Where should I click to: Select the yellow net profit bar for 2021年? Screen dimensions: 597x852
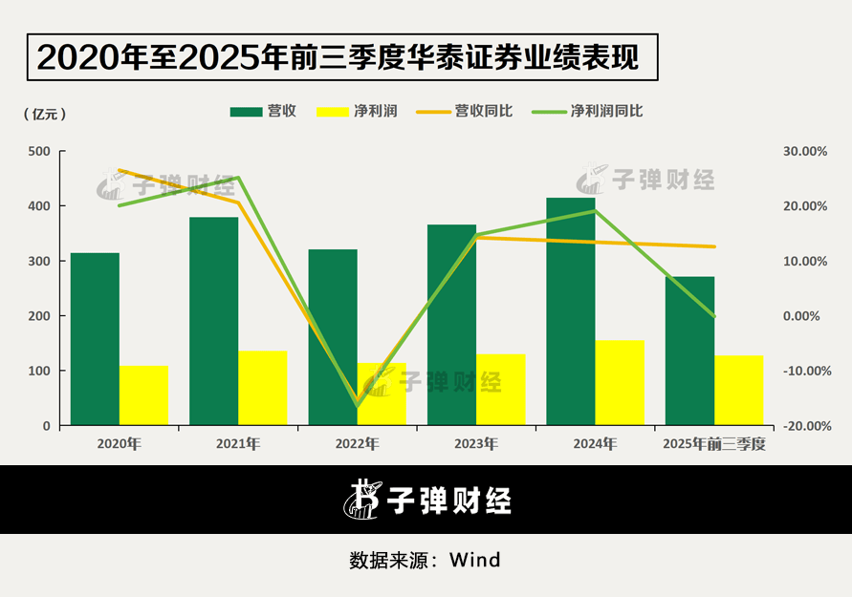pos(263,388)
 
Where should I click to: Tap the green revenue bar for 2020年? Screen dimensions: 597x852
pos(95,339)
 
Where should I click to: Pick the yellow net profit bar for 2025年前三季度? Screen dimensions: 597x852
pos(739,390)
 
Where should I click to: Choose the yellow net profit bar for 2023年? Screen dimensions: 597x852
pos(501,390)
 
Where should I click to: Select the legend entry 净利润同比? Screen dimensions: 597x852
pos(605,111)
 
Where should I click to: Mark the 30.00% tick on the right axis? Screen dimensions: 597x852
pos(805,151)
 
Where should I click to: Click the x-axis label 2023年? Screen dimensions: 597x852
pos(475,444)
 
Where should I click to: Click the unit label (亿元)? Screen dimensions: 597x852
pos(44,114)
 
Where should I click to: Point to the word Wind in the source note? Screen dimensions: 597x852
pos(474,560)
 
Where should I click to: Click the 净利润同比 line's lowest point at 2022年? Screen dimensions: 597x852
pos(358,406)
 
